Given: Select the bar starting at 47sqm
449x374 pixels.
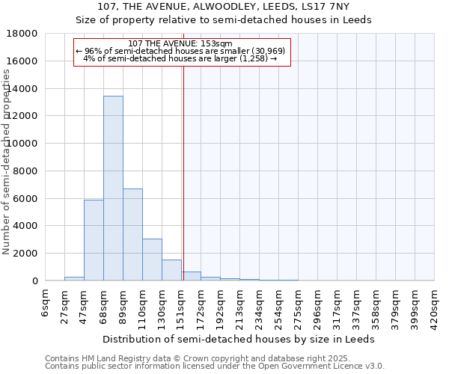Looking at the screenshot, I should click(94, 240).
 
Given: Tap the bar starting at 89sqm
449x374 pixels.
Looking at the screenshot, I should click(132, 234).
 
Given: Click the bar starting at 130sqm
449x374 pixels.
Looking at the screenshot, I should click(171, 270).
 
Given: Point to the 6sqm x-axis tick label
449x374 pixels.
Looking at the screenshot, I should click(46, 303).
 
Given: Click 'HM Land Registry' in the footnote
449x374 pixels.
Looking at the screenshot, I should click(114, 358).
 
